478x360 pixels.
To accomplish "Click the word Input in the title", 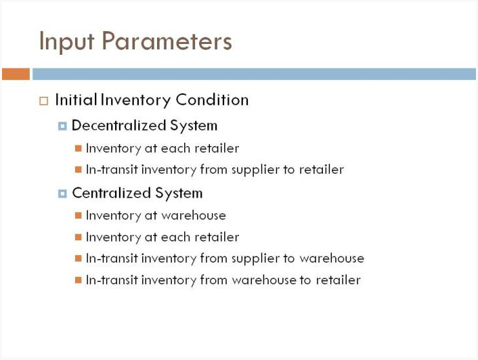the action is coord(67,41).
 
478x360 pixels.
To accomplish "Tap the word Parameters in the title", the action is coord(167,41).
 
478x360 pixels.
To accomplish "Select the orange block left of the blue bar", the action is coord(16,74).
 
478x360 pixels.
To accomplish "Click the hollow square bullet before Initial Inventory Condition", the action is coord(44,101).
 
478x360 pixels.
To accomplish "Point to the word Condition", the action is coord(212,99).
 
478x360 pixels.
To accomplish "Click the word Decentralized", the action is coord(119,125).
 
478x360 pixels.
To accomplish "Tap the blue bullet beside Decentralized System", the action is coord(62,126).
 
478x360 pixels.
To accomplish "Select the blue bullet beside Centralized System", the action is coord(62,194).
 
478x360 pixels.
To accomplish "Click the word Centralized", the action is coord(112,193).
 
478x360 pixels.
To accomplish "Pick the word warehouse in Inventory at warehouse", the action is coord(194,215).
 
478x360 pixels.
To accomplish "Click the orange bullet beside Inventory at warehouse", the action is coord(79,216).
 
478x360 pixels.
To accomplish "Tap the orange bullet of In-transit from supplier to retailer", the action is coord(79,169).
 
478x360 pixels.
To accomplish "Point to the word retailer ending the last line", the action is coord(338,280).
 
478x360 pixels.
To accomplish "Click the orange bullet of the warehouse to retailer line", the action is coord(79,280).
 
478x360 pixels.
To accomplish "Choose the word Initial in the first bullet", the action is coord(77,99).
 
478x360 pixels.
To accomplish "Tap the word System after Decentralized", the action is coord(194,126).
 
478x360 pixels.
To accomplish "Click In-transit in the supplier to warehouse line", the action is coord(112,258).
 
